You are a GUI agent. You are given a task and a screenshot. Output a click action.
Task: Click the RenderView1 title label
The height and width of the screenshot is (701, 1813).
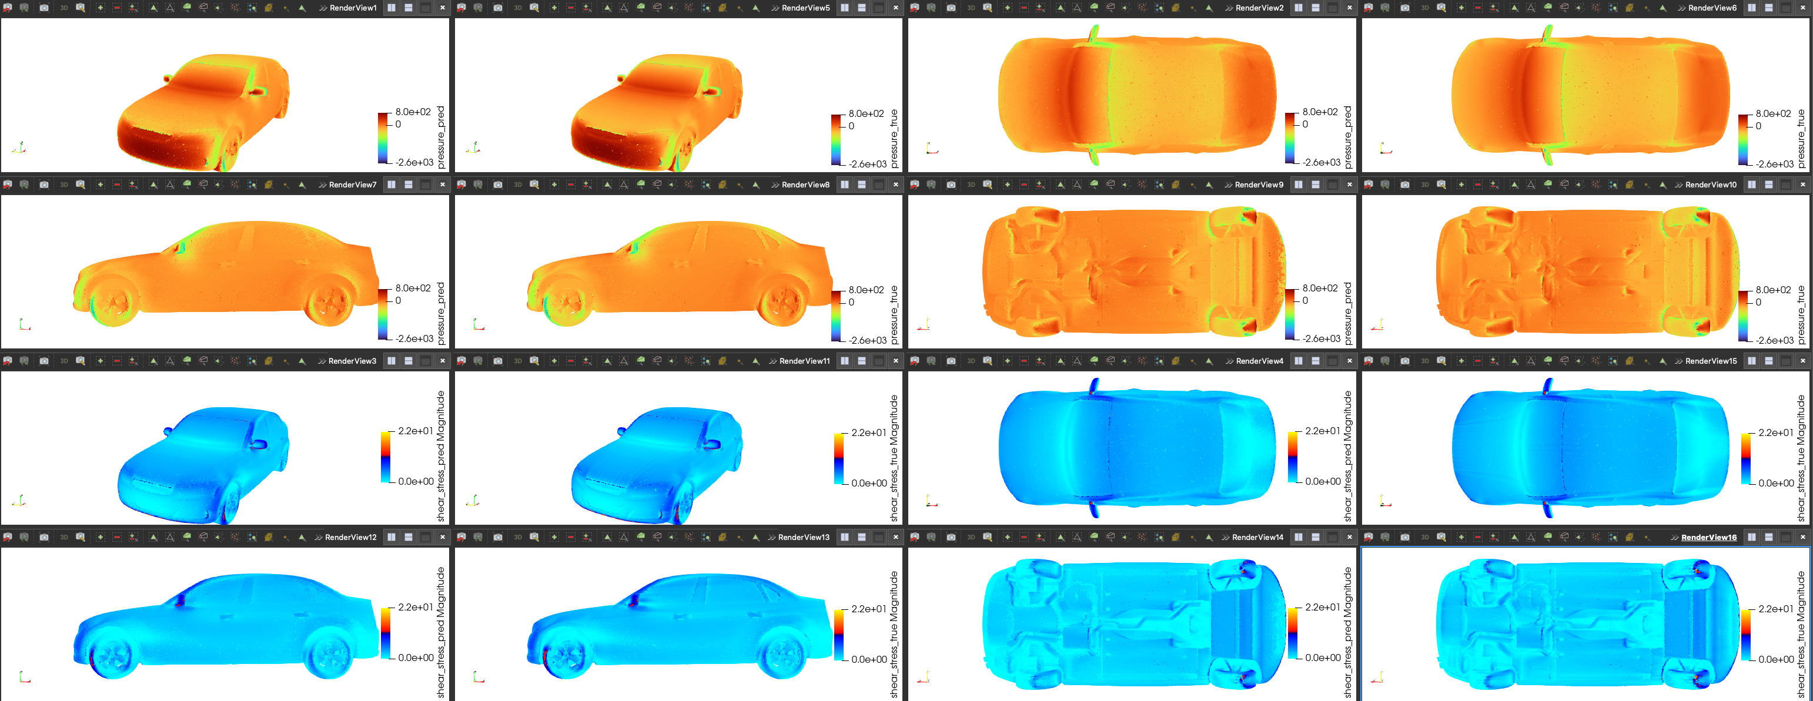(x=353, y=8)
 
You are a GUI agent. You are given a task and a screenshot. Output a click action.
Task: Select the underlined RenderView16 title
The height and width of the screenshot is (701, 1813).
(x=1708, y=537)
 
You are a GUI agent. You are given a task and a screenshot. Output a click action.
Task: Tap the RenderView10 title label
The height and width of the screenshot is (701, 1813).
(x=1711, y=185)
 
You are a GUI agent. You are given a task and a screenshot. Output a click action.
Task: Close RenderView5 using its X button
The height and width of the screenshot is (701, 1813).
(x=895, y=8)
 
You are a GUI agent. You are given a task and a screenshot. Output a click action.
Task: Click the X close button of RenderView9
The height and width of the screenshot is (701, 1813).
(x=1349, y=185)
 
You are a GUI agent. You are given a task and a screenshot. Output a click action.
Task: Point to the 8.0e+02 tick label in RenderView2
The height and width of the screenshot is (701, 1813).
(x=1320, y=112)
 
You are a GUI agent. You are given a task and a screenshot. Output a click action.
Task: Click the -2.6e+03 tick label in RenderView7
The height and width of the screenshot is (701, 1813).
(x=414, y=338)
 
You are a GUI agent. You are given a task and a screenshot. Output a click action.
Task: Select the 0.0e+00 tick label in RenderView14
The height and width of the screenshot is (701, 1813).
(x=1323, y=658)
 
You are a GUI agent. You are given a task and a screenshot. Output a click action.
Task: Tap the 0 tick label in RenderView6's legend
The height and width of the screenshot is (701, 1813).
(x=1758, y=126)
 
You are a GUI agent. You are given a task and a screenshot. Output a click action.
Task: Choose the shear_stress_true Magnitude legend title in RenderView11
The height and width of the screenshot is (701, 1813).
(x=894, y=458)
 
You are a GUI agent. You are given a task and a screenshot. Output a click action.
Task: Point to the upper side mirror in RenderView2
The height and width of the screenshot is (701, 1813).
(x=1093, y=33)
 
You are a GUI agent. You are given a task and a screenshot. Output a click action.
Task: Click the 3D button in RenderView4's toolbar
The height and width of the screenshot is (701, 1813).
(x=971, y=361)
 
